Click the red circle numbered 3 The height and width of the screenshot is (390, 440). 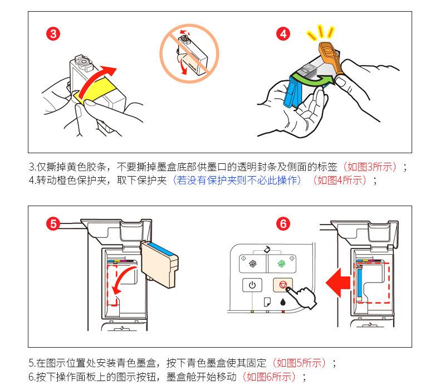53,33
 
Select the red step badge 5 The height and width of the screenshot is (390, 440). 53,224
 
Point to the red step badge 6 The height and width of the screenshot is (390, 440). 283,224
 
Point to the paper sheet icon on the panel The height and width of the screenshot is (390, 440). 267,303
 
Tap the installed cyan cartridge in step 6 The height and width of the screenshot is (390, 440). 359,284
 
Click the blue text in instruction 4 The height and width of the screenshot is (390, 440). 237,180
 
